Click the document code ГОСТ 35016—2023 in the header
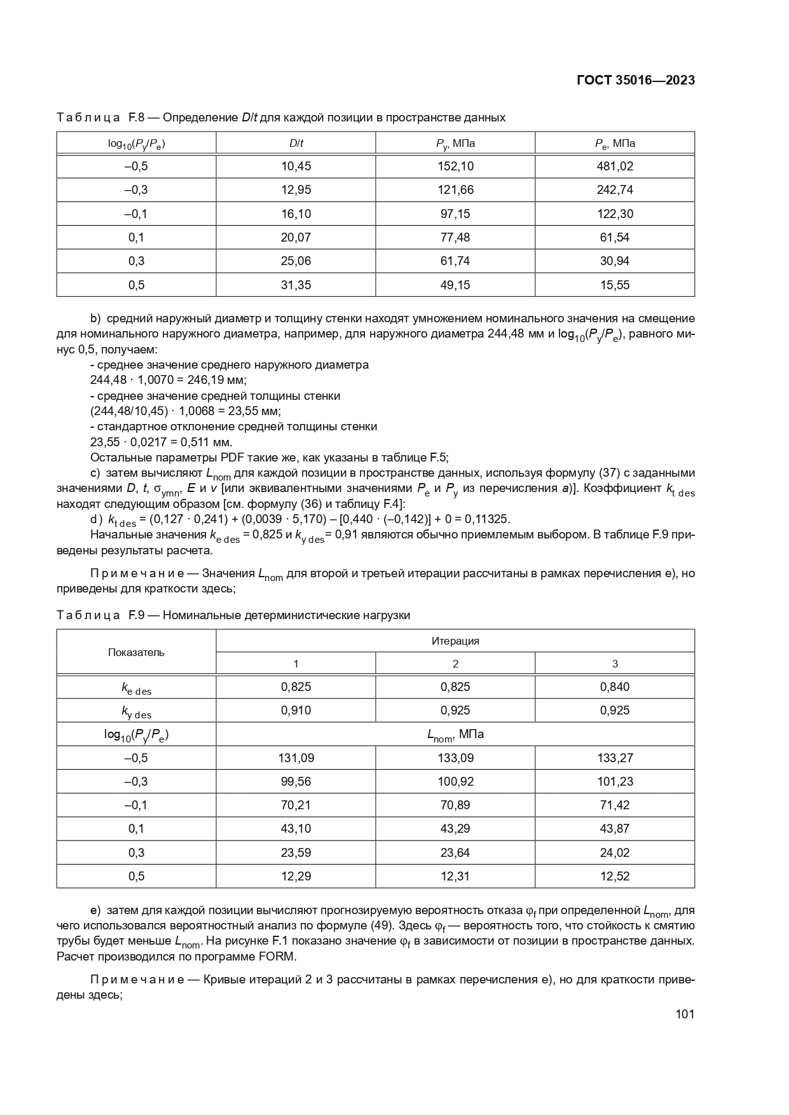[x=635, y=81]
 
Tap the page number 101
[x=685, y=1014]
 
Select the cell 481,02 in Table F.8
[x=615, y=167]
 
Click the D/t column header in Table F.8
[x=296, y=143]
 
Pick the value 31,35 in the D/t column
[x=296, y=285]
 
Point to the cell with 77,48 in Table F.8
[x=455, y=237]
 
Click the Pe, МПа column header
[x=615, y=143]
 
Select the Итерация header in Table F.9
[x=455, y=641]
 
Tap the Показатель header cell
[x=136, y=652]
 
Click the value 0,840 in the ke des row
[x=615, y=687]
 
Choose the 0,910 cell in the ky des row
[x=296, y=710]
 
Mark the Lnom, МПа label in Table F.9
[x=455, y=734]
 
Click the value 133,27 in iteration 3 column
[x=615, y=758]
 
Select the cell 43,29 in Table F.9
[x=455, y=828]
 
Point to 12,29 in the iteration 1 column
[x=296, y=876]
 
